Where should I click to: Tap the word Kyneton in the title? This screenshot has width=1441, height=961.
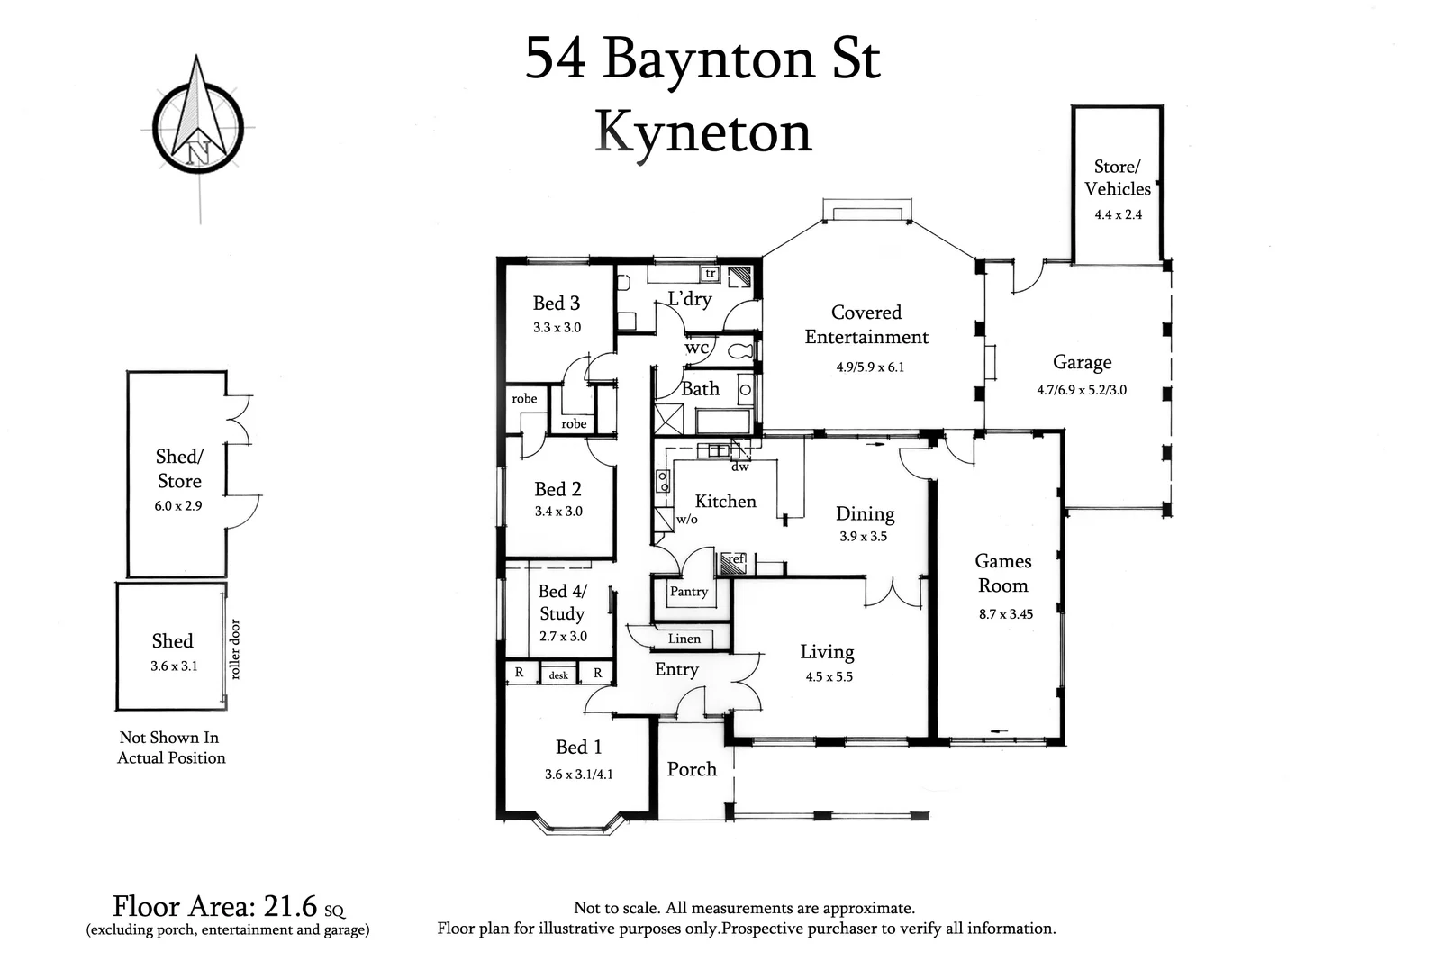coord(703,132)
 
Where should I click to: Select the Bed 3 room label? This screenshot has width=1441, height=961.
coord(557,304)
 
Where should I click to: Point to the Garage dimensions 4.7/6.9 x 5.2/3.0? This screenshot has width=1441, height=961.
coord(1082,390)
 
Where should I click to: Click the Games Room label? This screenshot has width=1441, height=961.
coord(1003,573)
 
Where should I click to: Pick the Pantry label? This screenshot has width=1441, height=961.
coord(689,592)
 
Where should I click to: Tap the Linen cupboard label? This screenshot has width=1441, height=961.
coord(684,639)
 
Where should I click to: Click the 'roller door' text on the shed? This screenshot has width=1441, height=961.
coord(235,648)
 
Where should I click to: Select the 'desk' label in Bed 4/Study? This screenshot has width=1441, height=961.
coord(558,675)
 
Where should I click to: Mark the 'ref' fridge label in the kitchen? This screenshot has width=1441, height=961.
coord(736,559)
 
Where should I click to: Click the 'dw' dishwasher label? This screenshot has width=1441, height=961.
coord(739,467)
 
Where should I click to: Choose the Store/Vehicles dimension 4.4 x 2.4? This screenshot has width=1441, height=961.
coord(1118,214)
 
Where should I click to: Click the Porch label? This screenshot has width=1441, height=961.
coord(692,769)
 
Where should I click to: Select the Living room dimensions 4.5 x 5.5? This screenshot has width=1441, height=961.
coord(829,676)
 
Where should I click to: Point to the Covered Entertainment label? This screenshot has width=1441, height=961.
coord(866,324)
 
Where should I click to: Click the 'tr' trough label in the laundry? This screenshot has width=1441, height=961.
coord(710,273)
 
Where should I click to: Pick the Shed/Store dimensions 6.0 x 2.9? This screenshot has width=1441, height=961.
coord(178,505)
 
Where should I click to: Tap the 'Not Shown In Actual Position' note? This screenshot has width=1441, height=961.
coord(171,748)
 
